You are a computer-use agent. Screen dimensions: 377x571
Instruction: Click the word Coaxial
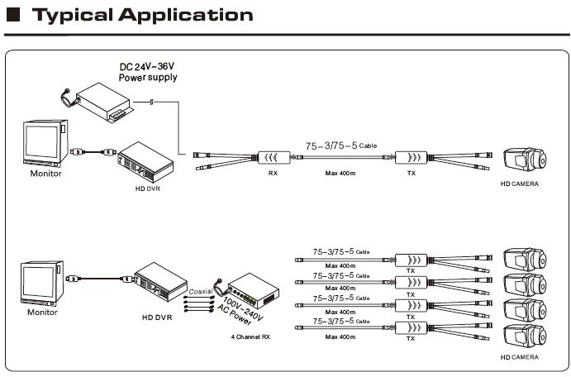[201, 291]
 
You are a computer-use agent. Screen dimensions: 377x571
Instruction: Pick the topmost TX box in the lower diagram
[411, 260]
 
